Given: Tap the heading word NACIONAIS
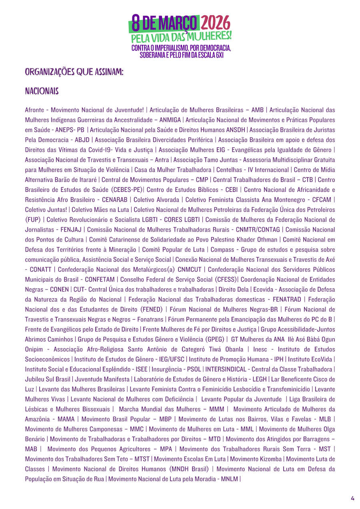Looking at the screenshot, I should coord(42,92).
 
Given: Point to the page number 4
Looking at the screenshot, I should coord(352,498).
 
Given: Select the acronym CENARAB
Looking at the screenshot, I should coord(115,200).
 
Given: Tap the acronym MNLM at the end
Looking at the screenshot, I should coord(229,479).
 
